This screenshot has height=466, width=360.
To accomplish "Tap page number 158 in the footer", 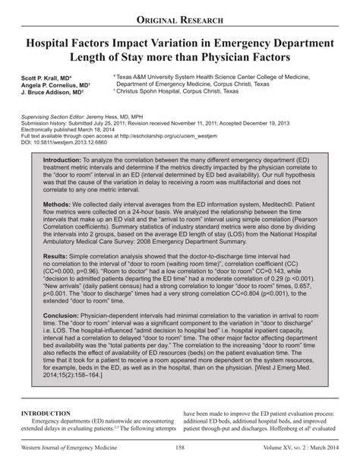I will (x=179, y=456).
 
